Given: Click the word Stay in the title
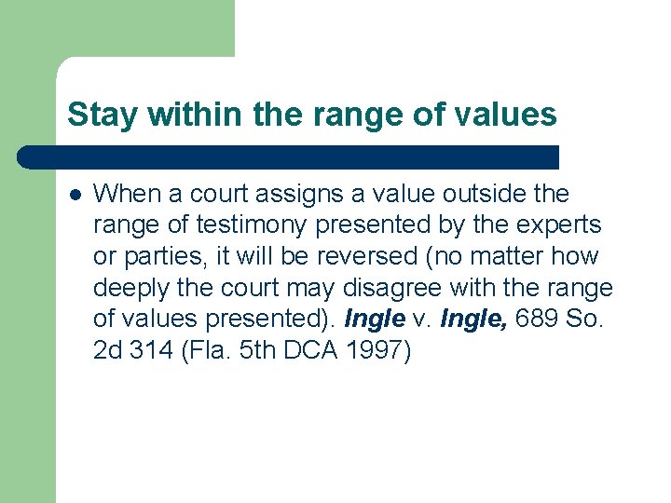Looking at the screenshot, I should (97, 116).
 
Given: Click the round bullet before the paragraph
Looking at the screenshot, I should (75, 195).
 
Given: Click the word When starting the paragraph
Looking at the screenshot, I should (123, 194).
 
